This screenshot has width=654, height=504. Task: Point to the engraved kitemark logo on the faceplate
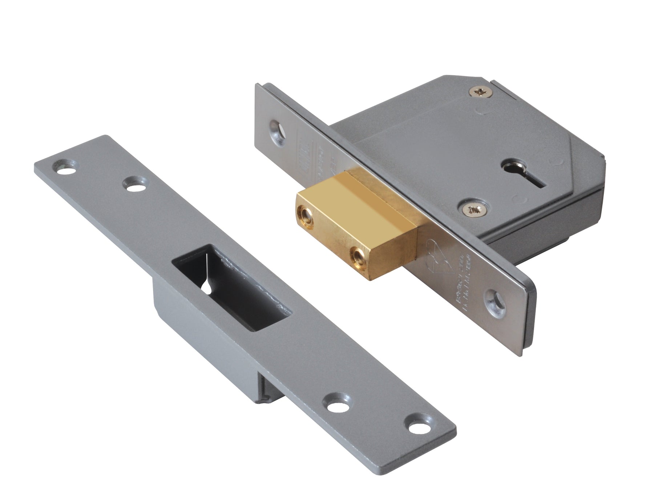(x=438, y=251)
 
